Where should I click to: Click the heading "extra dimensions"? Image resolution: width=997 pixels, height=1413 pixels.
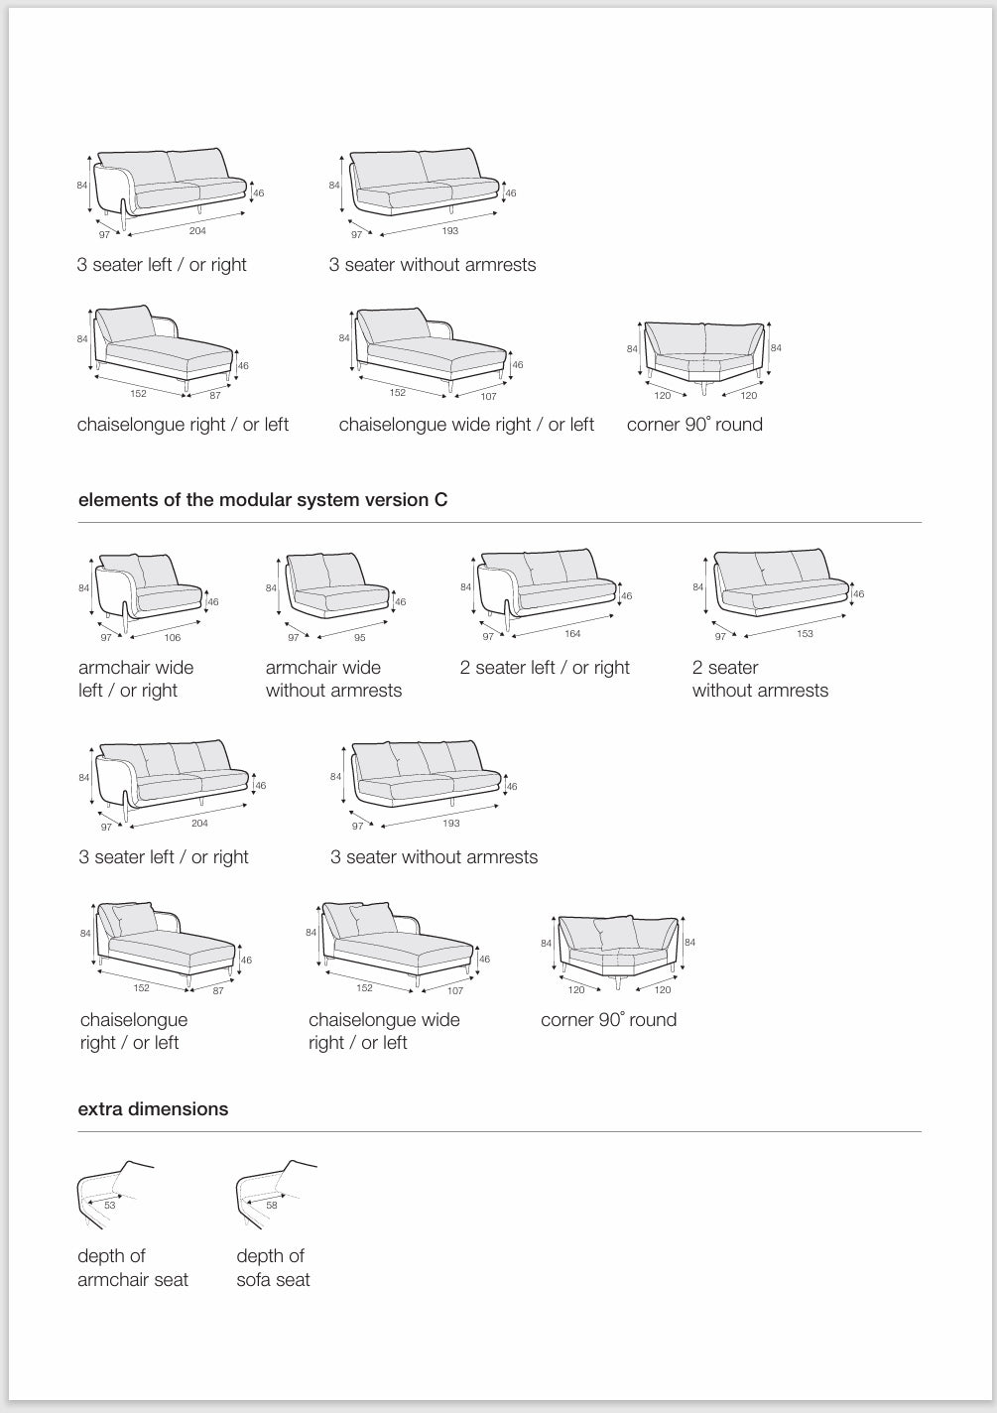[153, 1109]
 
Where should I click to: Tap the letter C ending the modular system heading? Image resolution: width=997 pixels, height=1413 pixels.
[440, 500]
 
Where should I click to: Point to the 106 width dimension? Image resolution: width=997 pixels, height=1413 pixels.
[173, 638]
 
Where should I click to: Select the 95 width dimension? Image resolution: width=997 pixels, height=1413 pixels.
[360, 638]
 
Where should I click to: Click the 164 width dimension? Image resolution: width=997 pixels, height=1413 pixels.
[572, 634]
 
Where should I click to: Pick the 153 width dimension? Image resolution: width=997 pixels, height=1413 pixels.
[805, 634]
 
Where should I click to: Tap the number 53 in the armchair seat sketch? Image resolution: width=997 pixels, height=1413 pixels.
[110, 1206]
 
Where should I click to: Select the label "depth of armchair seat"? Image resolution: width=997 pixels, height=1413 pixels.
[133, 1268]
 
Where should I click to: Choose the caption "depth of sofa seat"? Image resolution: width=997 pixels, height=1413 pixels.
[273, 1268]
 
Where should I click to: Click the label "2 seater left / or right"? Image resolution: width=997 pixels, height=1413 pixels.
[545, 668]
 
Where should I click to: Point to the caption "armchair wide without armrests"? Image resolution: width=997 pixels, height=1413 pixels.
[333, 679]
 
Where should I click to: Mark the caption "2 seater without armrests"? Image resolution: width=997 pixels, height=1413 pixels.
[760, 679]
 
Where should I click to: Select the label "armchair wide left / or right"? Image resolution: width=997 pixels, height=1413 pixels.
[136, 679]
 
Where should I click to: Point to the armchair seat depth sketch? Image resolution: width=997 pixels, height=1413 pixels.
[113, 1191]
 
